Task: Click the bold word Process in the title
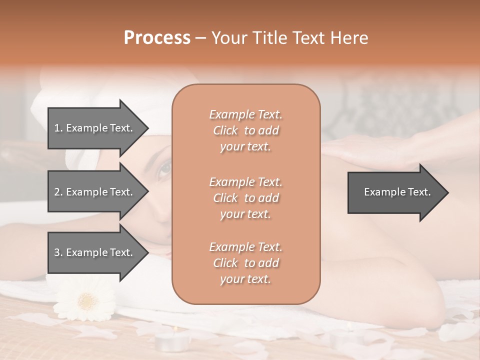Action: tap(157, 38)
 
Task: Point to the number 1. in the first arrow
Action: tap(58, 128)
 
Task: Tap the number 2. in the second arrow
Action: tap(58, 192)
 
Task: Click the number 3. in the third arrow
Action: tap(58, 252)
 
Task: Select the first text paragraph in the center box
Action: tap(245, 130)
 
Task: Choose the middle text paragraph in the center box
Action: tap(245, 197)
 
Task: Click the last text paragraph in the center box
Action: tap(245, 263)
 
